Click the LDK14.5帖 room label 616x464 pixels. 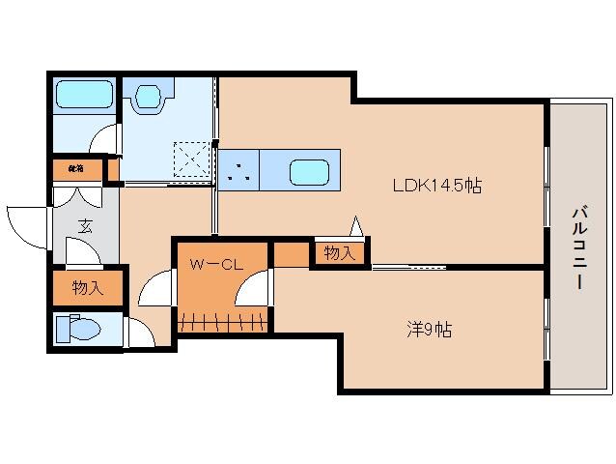[x=435, y=187]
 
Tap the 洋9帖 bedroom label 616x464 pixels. [x=428, y=330]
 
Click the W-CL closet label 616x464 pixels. [x=214, y=262]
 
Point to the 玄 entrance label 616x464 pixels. [x=85, y=228]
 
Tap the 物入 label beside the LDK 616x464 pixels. [x=339, y=253]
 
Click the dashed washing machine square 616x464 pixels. [x=192, y=158]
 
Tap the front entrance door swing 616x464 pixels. [x=26, y=224]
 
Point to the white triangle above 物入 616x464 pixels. [x=355, y=227]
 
